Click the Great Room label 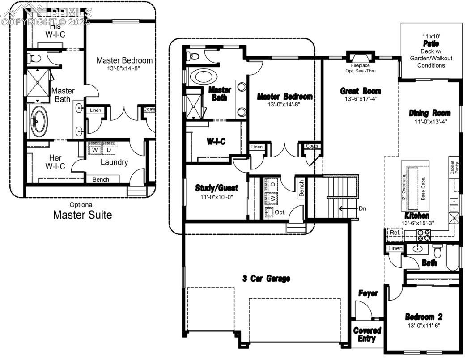coord(361,91)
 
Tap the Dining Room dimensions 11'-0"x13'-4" coord(431,122)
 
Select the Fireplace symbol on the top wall coord(361,56)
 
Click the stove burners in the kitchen coord(423,235)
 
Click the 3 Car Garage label coord(266,279)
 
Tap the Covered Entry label coord(367,335)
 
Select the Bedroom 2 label coord(424,317)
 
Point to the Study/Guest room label coord(216,188)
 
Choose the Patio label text coord(431,43)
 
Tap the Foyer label coord(368,293)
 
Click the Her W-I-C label coord(55,162)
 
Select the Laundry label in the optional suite coord(114,162)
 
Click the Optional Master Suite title coord(82,211)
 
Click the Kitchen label coord(417,215)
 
